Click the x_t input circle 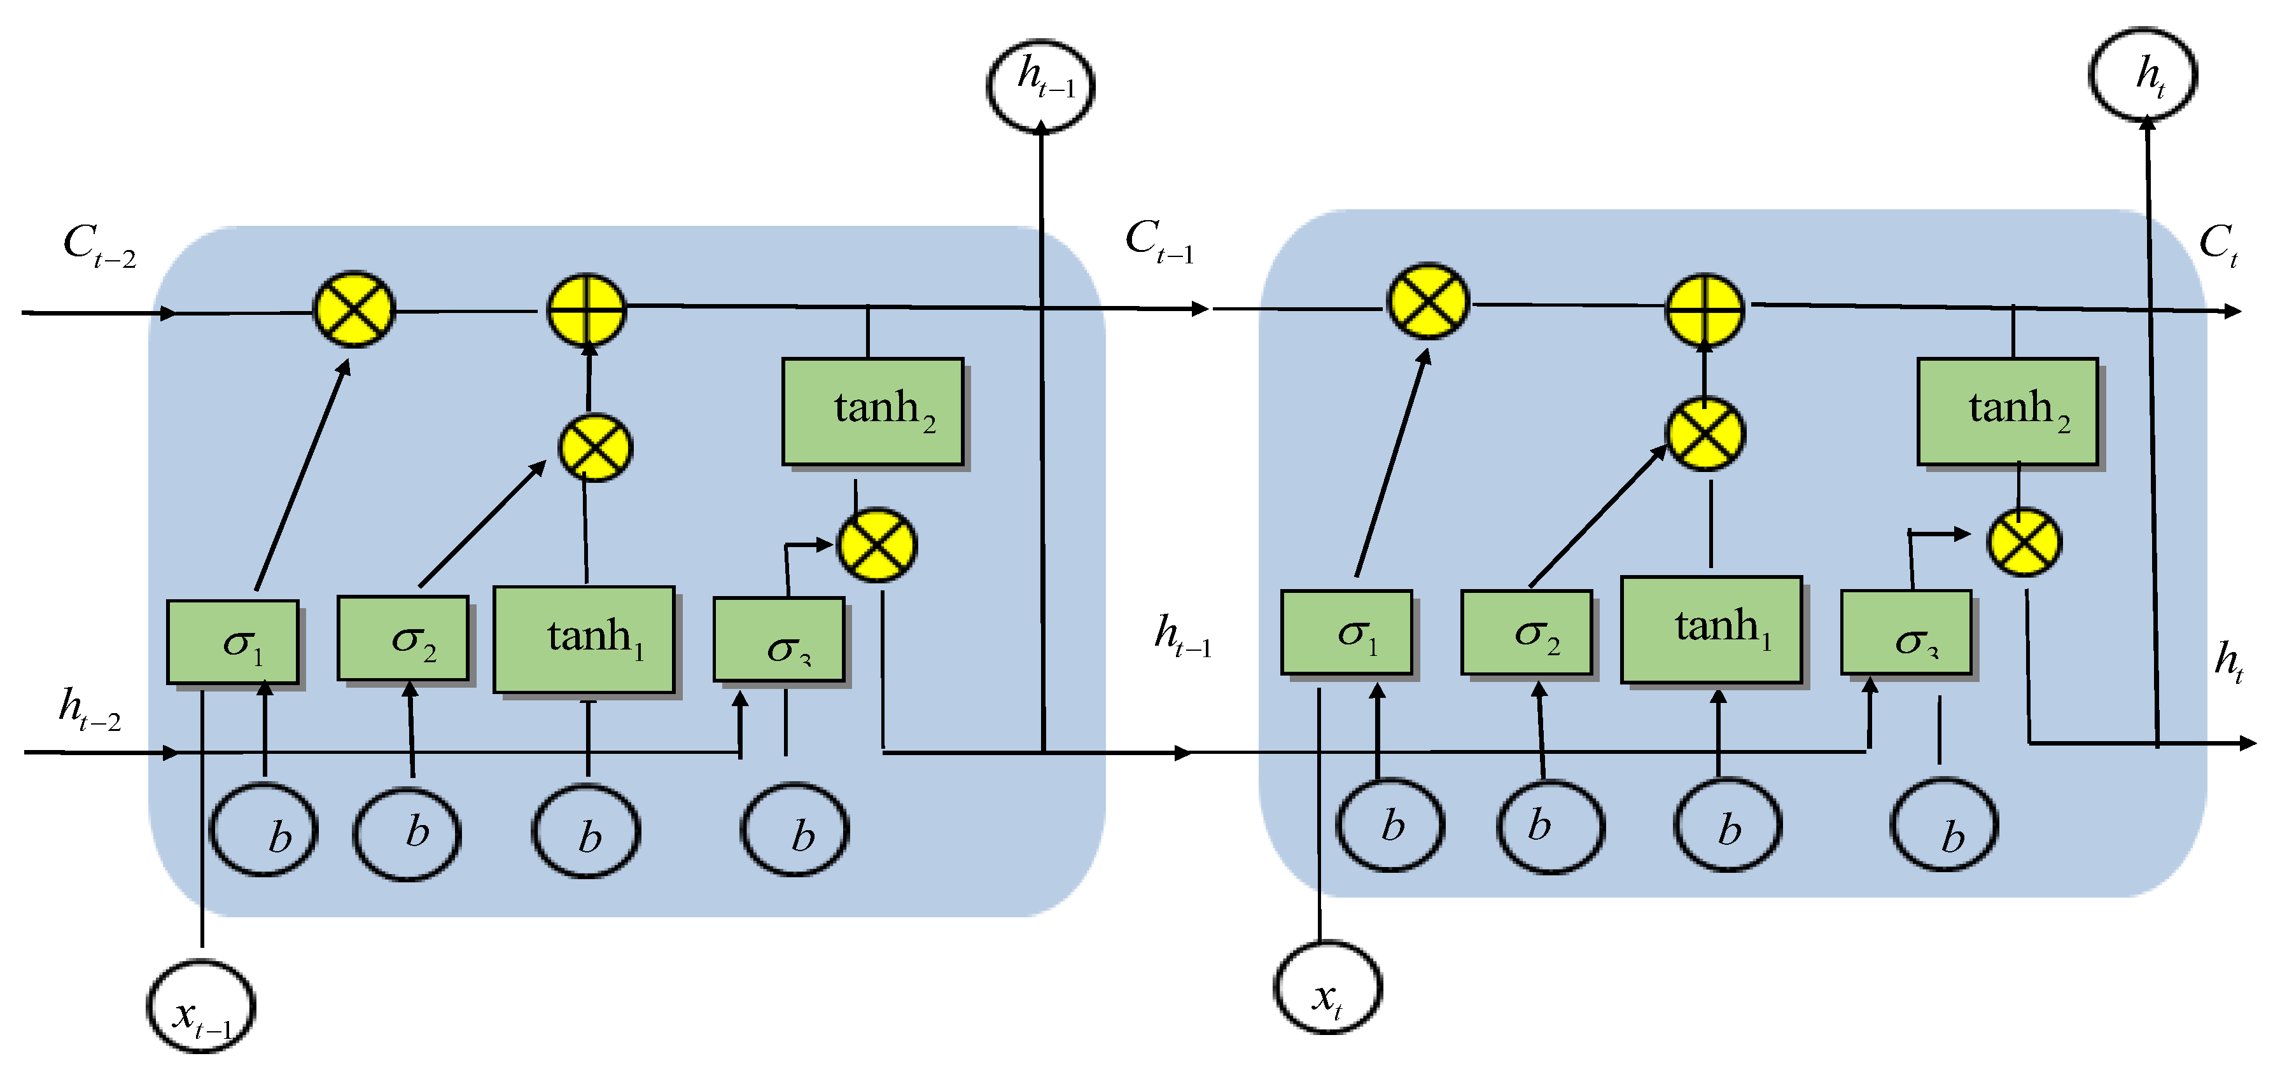point(1327,988)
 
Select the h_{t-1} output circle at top point(1041,85)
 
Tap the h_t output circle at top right point(2143,74)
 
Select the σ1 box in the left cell point(233,643)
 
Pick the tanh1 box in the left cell point(584,639)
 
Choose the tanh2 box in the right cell point(2008,411)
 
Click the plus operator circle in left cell point(586,310)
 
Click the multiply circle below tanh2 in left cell point(877,545)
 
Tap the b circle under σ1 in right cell point(1390,825)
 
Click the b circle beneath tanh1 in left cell point(586,832)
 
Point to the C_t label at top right point(2218,244)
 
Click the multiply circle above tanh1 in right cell point(1705,434)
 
